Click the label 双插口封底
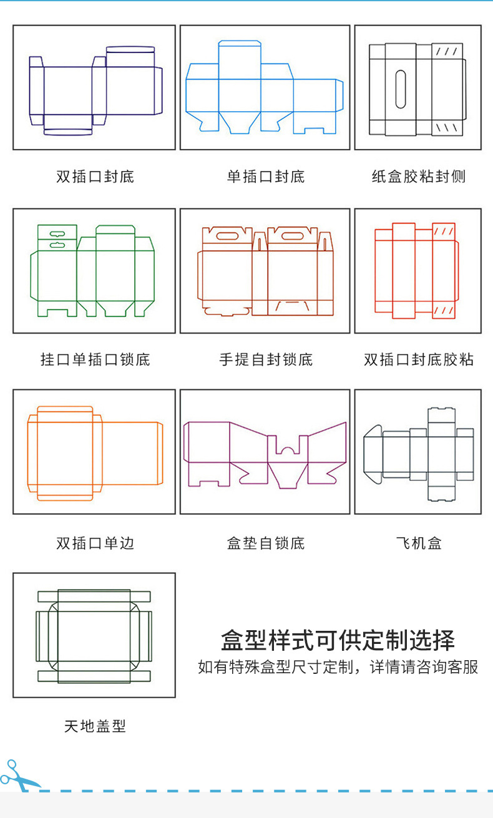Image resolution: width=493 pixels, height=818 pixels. pyautogui.click(x=95, y=177)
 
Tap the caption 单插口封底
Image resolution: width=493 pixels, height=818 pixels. pyautogui.click(x=265, y=177)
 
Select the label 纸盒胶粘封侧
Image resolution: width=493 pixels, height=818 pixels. pyautogui.click(x=418, y=177)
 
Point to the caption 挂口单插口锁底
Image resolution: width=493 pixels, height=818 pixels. pyautogui.click(x=95, y=360)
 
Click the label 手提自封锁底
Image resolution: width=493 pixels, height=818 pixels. pyautogui.click(x=265, y=360)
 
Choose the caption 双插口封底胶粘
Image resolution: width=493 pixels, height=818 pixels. pyautogui.click(x=418, y=360)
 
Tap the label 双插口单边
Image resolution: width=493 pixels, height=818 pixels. pyautogui.click(x=95, y=543)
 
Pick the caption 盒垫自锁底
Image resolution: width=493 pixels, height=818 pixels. pyautogui.click(x=265, y=543)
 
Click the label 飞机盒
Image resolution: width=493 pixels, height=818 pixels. pyautogui.click(x=418, y=543)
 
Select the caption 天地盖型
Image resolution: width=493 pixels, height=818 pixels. pyautogui.click(x=95, y=726)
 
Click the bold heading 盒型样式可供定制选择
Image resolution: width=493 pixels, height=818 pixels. pyautogui.click(x=338, y=640)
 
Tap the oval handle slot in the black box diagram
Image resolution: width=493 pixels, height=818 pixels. pyautogui.click(x=400, y=88)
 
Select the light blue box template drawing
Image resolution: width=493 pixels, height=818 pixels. pyautogui.click(x=265, y=87)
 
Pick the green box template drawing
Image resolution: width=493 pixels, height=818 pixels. pyautogui.click(x=93, y=270)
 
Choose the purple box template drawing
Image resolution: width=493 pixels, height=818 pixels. pyautogui.click(x=265, y=454)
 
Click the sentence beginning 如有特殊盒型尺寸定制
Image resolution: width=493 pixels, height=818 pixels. pyautogui.click(x=338, y=667)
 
